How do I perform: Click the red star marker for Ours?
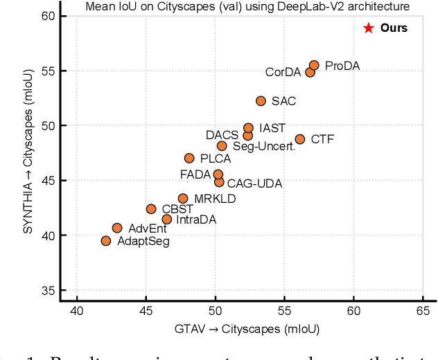coord(368,28)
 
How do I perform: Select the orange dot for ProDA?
coord(314,66)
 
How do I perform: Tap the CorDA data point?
coord(310,72)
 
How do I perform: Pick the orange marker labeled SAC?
coord(261,101)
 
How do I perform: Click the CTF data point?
coord(299,139)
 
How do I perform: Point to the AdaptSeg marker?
coord(106,241)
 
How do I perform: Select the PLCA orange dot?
coord(189,159)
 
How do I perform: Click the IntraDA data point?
coord(166,219)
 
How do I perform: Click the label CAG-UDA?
coord(252,183)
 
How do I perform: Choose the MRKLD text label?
coord(215,199)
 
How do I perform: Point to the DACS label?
coord(222,134)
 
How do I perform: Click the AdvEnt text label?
coord(148,228)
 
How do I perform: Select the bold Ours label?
coord(394,28)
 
